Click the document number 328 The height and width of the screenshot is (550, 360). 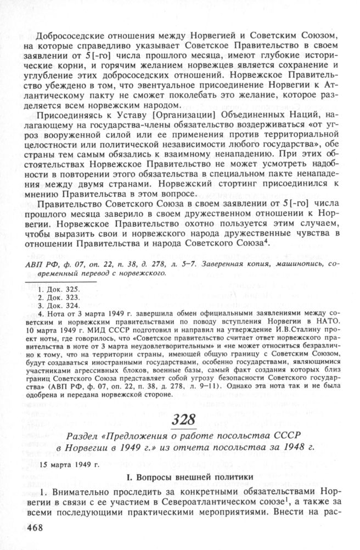183,422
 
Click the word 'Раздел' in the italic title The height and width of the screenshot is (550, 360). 81,436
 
